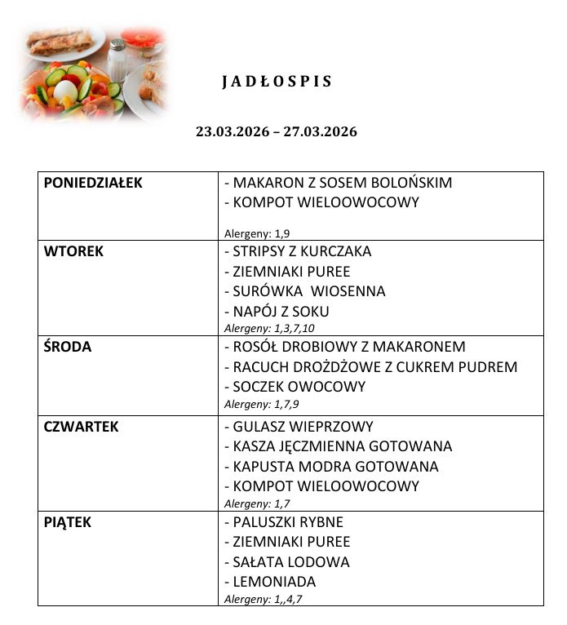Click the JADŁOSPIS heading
[277, 82]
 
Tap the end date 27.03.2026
[320, 131]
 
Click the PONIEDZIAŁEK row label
[93, 183]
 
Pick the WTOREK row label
[73, 251]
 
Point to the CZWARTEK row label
[81, 427]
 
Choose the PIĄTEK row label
[67, 522]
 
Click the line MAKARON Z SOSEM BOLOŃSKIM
[338, 183]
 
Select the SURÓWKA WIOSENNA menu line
[304, 291]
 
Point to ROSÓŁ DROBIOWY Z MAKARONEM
[344, 347]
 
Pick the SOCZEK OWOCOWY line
[295, 387]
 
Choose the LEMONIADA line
[270, 582]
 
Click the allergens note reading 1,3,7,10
[269, 328]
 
